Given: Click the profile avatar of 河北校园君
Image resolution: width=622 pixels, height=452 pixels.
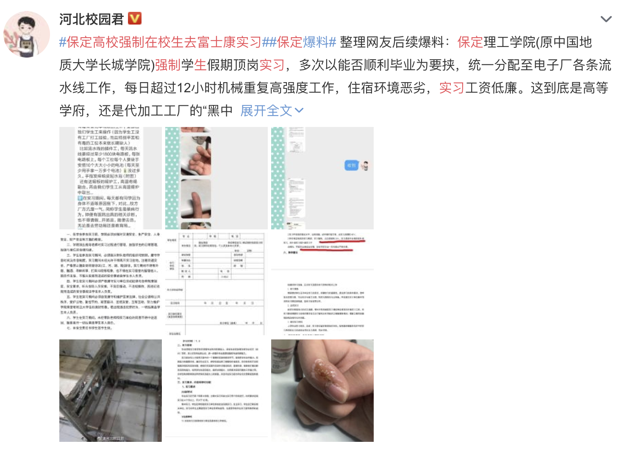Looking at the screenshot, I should [x=27, y=34].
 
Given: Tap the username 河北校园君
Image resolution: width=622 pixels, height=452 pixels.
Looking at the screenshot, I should [x=91, y=19].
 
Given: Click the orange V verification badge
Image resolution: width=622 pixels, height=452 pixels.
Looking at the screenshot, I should [x=134, y=19].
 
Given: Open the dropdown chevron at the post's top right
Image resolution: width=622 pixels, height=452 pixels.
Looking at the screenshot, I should [x=606, y=19].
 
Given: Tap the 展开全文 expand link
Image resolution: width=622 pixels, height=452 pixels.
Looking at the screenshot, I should [x=272, y=111].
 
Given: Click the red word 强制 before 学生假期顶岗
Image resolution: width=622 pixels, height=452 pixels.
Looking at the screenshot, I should [x=168, y=65].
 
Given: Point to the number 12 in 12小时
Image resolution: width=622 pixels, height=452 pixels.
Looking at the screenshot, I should [x=183, y=88].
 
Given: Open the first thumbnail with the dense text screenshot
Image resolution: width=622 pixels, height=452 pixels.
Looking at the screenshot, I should [x=110, y=178].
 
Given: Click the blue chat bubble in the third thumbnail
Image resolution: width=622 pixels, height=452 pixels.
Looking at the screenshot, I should [x=351, y=165].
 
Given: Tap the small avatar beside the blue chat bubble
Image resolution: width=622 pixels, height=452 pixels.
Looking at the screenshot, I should [x=365, y=165].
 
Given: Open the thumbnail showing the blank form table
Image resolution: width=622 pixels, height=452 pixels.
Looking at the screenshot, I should [x=216, y=284].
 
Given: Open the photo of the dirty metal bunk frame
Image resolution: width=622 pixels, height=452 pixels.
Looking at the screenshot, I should [x=110, y=390].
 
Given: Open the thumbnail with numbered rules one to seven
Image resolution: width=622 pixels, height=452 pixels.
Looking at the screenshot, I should [x=110, y=284].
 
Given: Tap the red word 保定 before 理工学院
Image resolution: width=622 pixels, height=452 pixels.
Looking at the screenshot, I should [x=470, y=42].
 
